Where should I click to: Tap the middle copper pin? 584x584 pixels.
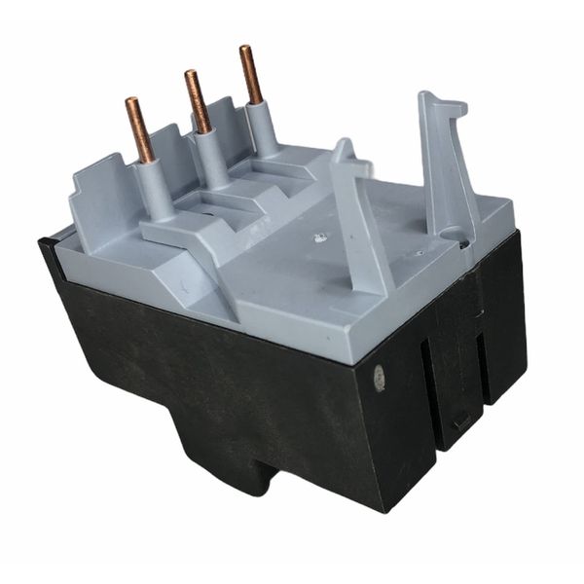(x=199, y=102)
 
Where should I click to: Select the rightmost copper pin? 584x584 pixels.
(x=251, y=75)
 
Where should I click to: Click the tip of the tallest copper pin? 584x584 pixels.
(x=245, y=50)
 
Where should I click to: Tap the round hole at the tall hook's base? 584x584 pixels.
(x=450, y=235)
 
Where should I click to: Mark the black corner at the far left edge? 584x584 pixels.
(x=46, y=249)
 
